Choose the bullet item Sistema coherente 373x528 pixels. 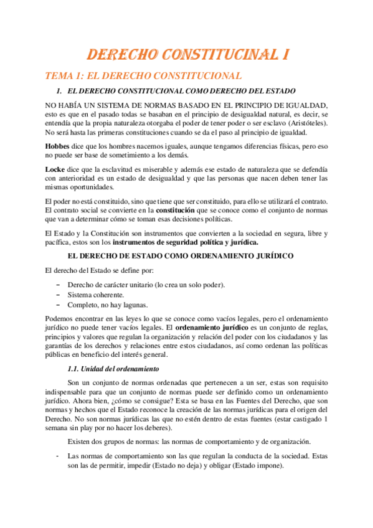pos(96,295)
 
